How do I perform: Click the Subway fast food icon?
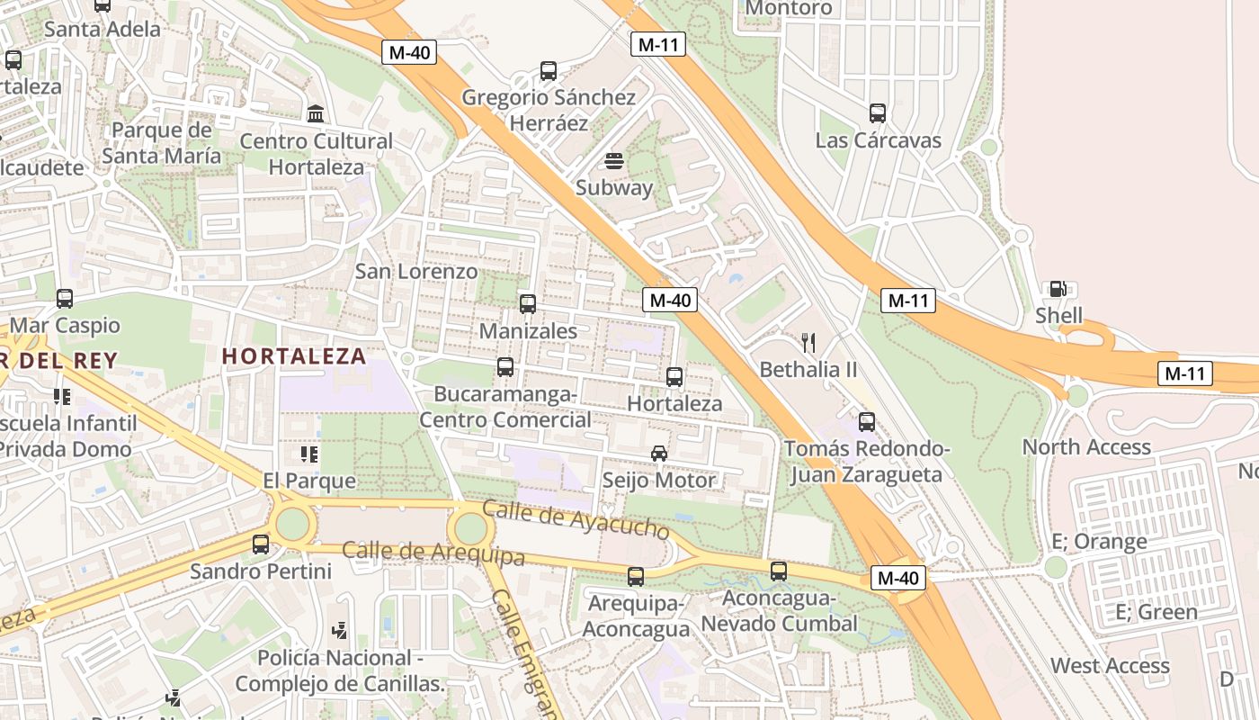coord(614,162)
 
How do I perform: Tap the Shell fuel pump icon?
coord(1058,289)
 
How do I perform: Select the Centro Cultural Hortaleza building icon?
coord(316,114)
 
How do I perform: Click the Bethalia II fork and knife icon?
coord(808,342)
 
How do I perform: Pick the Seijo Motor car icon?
coord(659,453)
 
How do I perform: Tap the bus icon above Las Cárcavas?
coord(878,113)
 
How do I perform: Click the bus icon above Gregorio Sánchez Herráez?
coord(549,70)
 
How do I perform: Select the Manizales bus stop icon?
coord(528,304)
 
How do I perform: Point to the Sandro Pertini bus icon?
coord(261,544)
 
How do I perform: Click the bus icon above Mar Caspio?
coord(65,298)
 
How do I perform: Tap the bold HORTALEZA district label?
coord(294,356)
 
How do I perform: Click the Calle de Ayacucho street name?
coord(576,519)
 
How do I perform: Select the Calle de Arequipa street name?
coord(433,553)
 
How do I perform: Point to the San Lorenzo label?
coord(416,271)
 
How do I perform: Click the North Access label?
coord(1086,446)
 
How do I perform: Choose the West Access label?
coord(1110,666)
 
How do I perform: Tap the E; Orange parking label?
coord(1099,542)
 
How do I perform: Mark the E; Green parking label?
coord(1156,612)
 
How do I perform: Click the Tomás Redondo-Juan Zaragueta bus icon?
coord(867,421)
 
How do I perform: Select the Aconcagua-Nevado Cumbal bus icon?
coord(779,571)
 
